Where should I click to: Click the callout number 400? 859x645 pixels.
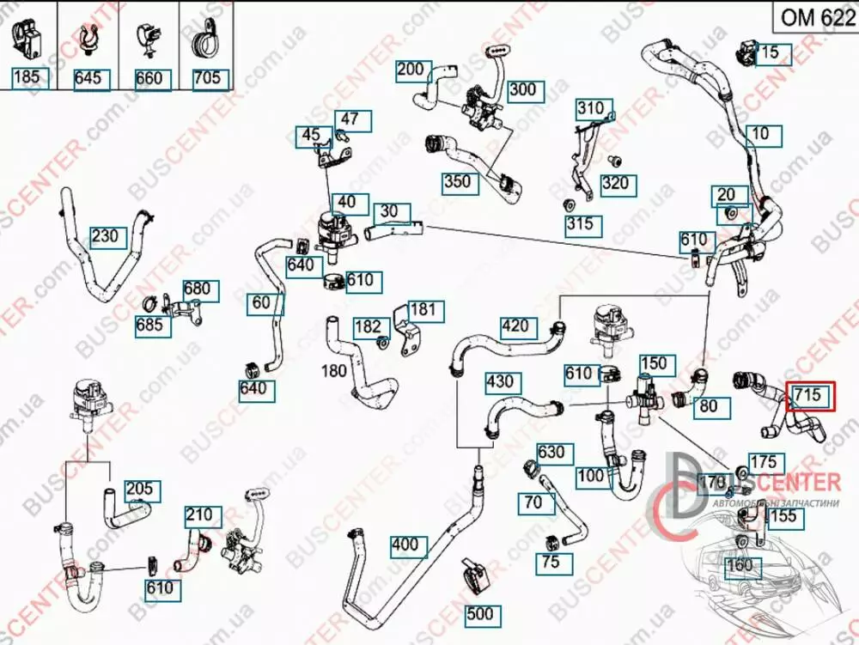[x=405, y=545]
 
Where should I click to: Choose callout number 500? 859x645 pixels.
[x=482, y=615]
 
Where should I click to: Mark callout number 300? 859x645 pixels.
[x=521, y=89]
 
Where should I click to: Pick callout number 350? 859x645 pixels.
[x=457, y=181]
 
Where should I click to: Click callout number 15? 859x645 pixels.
[x=770, y=52]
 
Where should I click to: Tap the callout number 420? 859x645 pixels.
[x=515, y=326]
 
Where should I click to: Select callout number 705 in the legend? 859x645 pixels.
[x=206, y=78]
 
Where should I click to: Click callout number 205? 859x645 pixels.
[x=139, y=490]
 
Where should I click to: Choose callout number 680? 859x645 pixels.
[x=197, y=289]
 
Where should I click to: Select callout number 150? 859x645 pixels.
[x=654, y=364]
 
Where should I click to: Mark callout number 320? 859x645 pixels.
[x=614, y=183]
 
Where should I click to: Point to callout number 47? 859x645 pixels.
[x=350, y=119]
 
